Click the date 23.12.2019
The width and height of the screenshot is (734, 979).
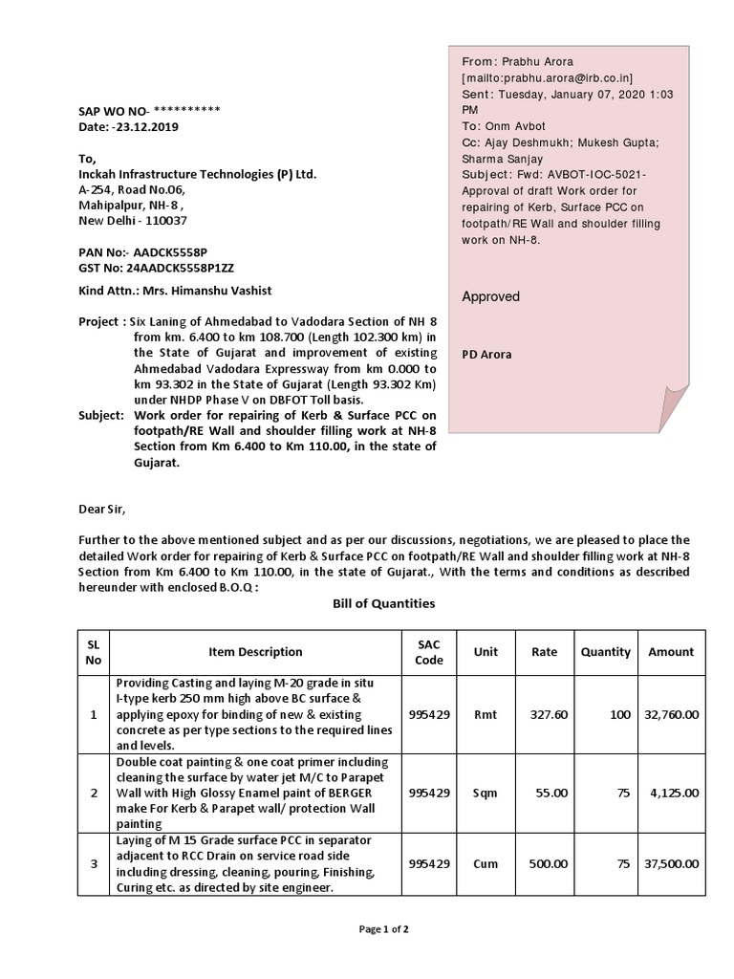[x=145, y=126]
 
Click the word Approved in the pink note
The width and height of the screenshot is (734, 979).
[x=491, y=296]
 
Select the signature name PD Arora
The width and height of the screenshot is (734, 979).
[x=486, y=354]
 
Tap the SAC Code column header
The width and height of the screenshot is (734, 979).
[x=429, y=652]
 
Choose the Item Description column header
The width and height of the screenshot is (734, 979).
[x=255, y=652]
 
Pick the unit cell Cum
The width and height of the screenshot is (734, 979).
[x=486, y=863]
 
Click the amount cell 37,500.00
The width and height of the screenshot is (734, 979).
[x=671, y=863]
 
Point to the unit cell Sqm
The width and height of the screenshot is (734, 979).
[x=486, y=793]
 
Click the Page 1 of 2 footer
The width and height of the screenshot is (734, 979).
[x=383, y=928]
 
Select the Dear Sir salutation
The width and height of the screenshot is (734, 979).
[x=101, y=509]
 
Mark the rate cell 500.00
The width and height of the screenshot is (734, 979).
[x=549, y=863]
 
